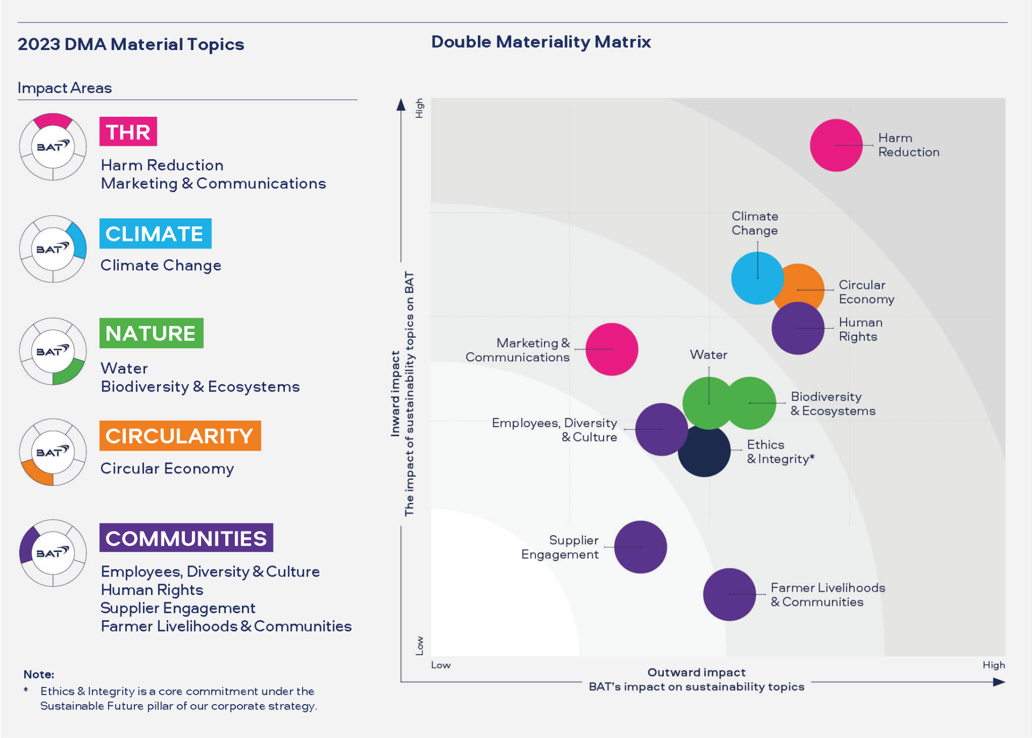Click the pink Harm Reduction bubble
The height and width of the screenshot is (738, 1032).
pos(836,145)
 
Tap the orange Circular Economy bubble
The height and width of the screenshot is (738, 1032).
pos(806,280)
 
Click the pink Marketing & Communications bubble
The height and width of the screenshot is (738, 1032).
pos(612,349)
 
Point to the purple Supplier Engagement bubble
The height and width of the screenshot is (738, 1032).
pos(640,547)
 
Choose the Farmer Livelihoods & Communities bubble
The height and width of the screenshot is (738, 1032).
pos(729,594)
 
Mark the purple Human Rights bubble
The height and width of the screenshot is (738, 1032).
pos(798,329)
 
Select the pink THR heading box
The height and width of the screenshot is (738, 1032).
pos(128,132)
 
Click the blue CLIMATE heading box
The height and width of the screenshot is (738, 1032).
pos(155,233)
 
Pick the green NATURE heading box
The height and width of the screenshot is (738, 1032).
pos(151,333)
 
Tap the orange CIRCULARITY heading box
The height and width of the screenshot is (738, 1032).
pos(180,436)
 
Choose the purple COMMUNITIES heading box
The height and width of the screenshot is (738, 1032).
pos(186,538)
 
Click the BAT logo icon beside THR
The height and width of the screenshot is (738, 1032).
pos(53,146)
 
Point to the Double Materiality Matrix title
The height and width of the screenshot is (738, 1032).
pos(541,42)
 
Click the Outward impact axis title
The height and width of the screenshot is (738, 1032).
pos(696,672)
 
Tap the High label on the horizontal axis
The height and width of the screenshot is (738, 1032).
pos(993,665)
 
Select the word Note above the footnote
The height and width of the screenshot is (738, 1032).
pos(39,675)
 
